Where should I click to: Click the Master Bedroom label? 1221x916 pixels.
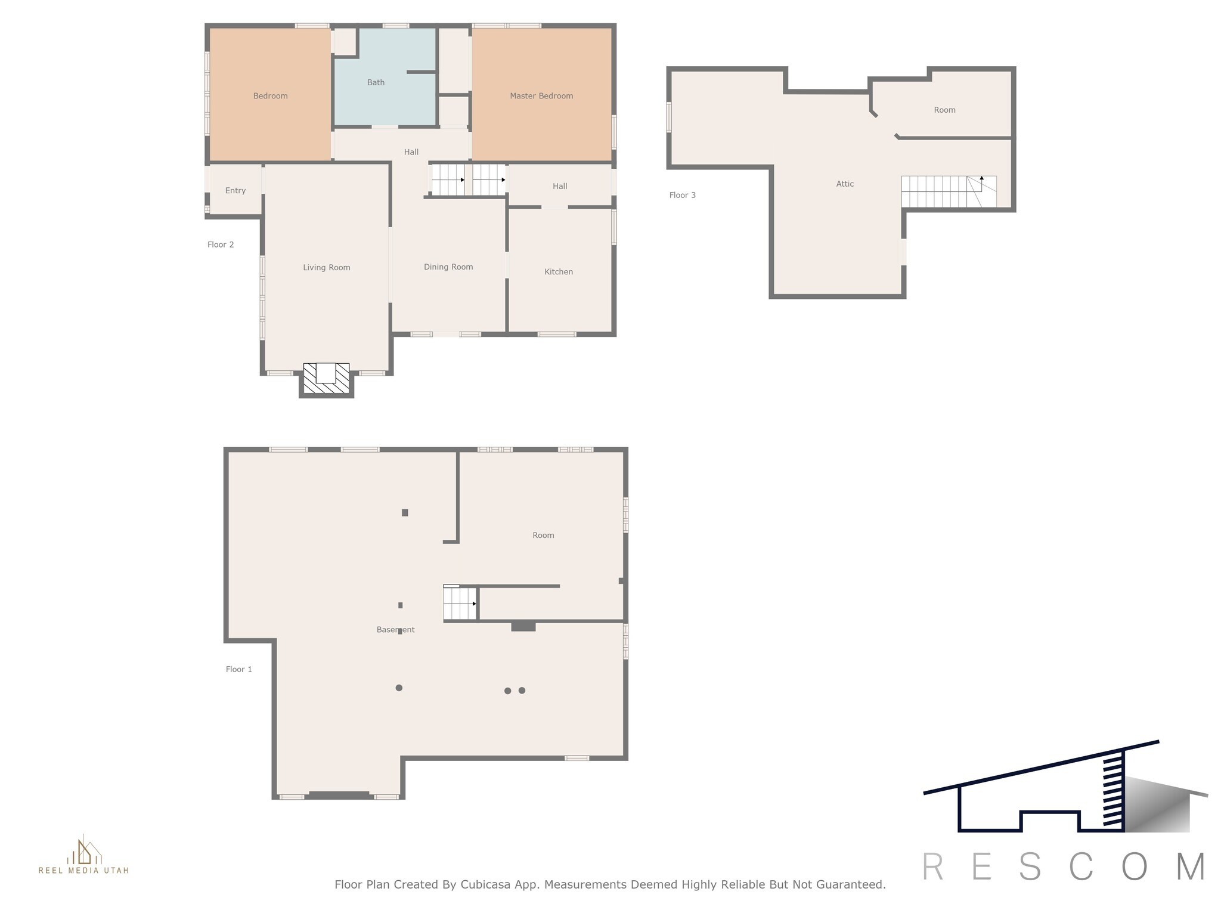point(541,96)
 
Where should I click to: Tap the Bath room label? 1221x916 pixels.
point(376,83)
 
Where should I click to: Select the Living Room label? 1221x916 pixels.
point(327,268)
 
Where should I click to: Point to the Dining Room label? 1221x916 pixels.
point(448,267)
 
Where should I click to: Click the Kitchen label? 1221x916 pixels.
point(559,272)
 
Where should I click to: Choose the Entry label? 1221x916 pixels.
point(235,191)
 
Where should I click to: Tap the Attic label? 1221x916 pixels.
point(845,184)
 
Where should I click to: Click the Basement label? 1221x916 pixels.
point(396,630)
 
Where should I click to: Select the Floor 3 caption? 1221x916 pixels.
point(683,195)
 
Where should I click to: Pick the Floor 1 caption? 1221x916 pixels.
point(239,669)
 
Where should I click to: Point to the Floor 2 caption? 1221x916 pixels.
point(221,245)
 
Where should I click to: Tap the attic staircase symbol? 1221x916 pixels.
point(949,191)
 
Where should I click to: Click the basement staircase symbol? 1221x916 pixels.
point(460,603)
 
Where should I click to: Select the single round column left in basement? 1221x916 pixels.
point(399,688)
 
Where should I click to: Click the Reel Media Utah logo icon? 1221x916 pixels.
point(84,850)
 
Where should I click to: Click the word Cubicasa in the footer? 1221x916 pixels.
point(484,885)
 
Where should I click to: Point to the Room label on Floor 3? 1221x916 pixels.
point(944,110)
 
